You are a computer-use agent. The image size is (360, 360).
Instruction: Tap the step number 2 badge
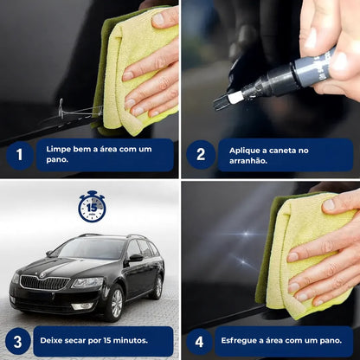click(201, 155)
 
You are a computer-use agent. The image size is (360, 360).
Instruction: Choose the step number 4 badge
click(201, 340)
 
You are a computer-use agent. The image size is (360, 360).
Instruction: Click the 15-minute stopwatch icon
click(92, 207)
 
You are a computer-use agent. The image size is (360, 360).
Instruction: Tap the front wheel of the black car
click(113, 303)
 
